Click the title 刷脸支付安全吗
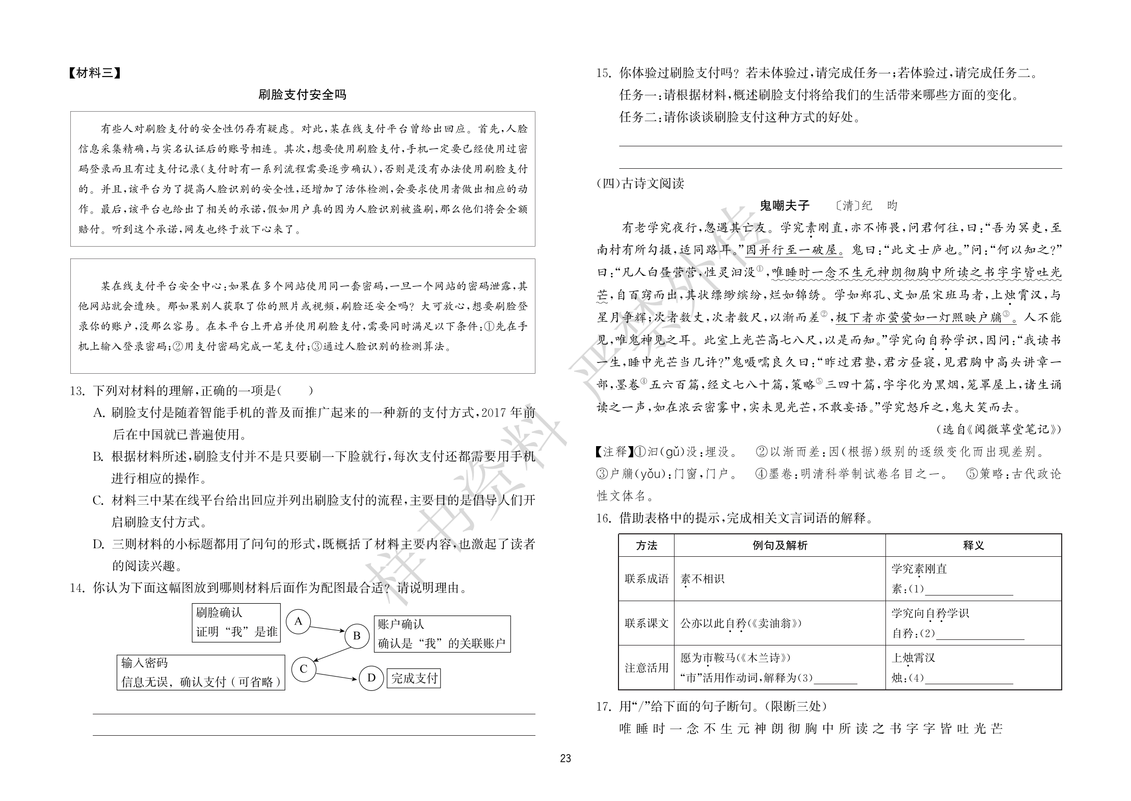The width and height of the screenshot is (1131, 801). click(x=302, y=95)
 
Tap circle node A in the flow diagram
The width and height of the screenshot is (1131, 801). click(x=299, y=621)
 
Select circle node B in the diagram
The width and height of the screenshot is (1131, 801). click(x=357, y=636)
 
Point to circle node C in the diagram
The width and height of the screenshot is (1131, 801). click(x=304, y=668)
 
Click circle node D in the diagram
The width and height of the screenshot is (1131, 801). click(x=371, y=678)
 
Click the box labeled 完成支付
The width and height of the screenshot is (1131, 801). click(x=414, y=678)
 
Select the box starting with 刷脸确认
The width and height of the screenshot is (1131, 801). click(x=236, y=623)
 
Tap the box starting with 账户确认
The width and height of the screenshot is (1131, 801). click(x=442, y=634)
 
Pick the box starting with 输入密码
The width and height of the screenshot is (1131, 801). click(x=201, y=673)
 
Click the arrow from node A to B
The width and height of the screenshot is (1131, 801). click(x=328, y=629)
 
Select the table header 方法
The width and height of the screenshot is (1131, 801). click(x=646, y=546)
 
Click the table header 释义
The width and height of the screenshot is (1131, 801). click(x=973, y=546)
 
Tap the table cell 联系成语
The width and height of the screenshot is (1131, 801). click(x=646, y=579)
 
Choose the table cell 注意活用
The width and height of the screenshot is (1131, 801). click(x=646, y=667)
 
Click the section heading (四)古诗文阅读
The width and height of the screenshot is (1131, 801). click(x=640, y=184)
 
